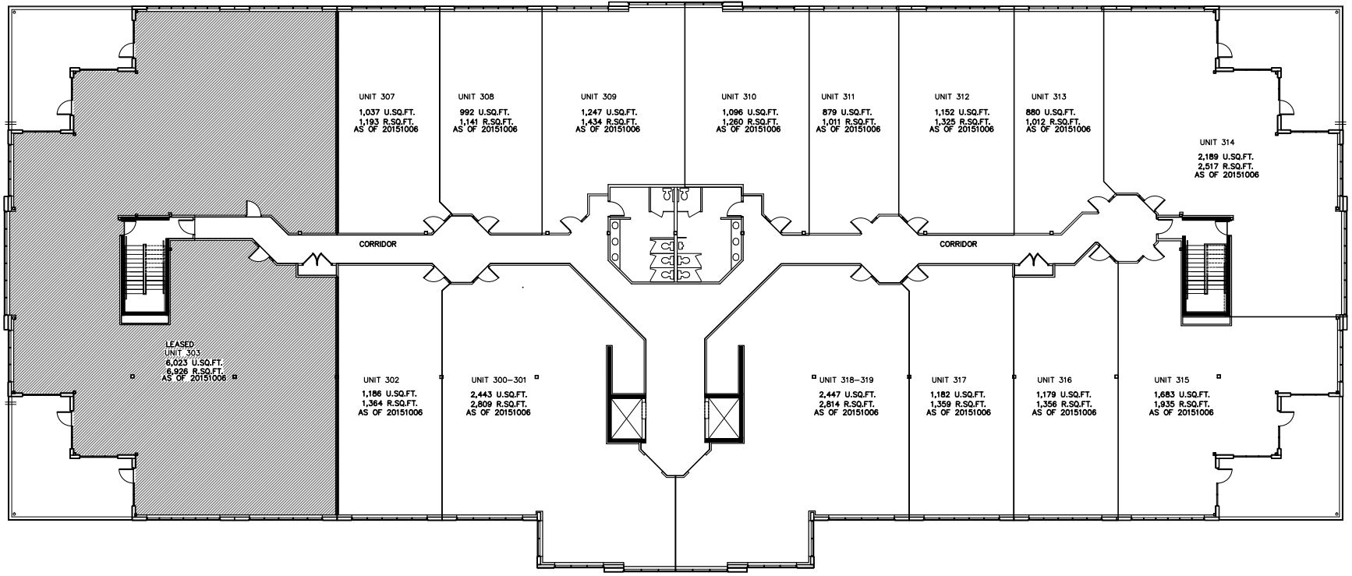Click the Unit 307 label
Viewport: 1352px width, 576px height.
pos(377,97)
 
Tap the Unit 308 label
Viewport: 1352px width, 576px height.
pos(476,97)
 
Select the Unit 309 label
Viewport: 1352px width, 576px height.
pos(598,97)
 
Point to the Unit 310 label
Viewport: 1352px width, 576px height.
pos(738,97)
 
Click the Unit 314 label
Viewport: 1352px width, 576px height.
pos(1217,142)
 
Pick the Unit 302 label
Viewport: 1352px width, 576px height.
pos(380,380)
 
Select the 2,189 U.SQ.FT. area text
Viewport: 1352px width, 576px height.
pos(1226,157)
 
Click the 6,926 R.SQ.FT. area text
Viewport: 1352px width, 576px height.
pos(193,370)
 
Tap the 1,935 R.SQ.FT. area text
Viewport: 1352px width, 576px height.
pos(1180,404)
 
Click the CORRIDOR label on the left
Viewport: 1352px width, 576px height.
pos(377,244)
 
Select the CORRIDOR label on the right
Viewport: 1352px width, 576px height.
pos(958,244)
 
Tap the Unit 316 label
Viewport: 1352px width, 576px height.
pos(1054,380)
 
